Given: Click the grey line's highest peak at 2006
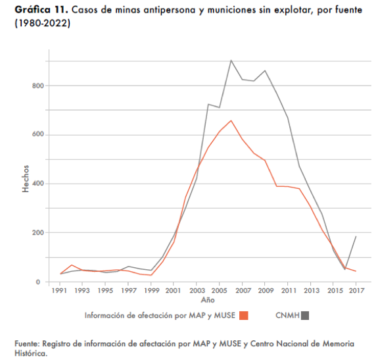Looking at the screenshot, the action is coord(231,61).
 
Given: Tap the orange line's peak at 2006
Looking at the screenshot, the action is coord(231,120).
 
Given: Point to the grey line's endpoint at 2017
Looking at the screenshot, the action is coord(356,236).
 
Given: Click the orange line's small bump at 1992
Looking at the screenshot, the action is coord(72,265).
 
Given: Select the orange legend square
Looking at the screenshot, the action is coord(244,315).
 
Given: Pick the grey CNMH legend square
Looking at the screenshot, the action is coord(305,315).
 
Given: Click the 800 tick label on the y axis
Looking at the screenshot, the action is coord(38,86).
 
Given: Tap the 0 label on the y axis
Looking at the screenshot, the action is coord(38,282).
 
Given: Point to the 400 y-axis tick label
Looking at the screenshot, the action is coord(38,184).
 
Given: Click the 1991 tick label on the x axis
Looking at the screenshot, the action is coord(59,291).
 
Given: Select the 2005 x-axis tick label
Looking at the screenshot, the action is coord(219,291).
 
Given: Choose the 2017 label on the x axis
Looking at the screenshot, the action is coord(356,291).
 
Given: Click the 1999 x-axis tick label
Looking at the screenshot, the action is coord(152,291).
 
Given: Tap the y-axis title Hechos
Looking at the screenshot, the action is coord(26,178).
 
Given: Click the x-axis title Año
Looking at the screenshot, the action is coord(208,300).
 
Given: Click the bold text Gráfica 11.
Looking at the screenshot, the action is coord(41,10).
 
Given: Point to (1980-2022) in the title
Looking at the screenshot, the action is coord(43,23).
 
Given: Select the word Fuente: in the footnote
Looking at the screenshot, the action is coord(27,344).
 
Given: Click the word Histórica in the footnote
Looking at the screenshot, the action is coord(31,353).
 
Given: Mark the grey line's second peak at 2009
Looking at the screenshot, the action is coord(265,70).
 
